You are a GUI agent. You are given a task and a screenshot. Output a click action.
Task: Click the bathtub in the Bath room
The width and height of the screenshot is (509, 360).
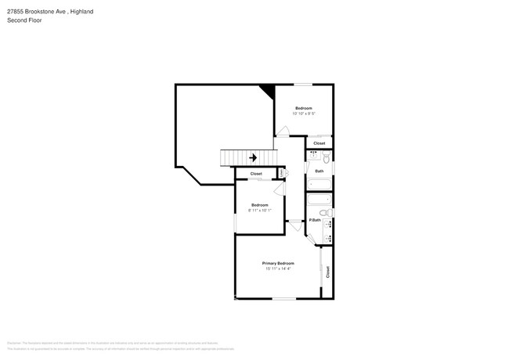(319, 185)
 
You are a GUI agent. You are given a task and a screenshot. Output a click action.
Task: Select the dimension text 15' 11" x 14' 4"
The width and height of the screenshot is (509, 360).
(278, 269)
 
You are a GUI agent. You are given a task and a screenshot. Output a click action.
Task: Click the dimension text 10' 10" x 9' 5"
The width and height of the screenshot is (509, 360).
(304, 113)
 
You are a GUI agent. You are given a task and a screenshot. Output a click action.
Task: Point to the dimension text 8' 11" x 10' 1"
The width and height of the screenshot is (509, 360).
(259, 210)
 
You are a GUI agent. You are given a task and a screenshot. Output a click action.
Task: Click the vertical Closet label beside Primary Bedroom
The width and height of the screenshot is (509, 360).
(328, 272)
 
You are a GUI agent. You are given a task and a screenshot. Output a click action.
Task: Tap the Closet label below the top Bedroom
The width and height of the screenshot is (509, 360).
(319, 143)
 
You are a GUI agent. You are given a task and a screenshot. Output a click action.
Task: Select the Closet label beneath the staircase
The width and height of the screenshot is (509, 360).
(256, 174)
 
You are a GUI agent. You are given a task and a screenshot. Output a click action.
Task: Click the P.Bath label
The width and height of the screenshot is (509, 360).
(315, 220)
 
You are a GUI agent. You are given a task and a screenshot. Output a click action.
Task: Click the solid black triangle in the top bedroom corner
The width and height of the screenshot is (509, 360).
(269, 91)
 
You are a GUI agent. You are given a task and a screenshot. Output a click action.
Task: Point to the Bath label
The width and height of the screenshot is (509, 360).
(319, 171)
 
